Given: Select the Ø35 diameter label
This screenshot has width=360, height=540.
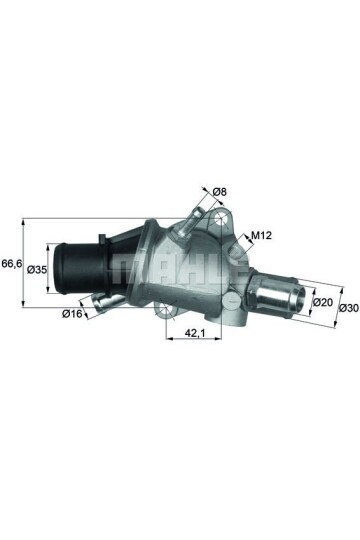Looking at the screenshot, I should pos(37,269).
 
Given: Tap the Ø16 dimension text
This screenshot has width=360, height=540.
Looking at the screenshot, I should pos(71,313).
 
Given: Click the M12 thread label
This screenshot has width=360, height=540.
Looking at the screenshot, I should pos(261,236).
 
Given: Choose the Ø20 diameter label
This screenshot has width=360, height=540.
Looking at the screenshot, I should pos(322,301).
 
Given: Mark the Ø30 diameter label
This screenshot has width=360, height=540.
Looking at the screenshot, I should pos(347,309).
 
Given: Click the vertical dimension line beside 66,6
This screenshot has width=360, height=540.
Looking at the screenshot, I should pos(24,266).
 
